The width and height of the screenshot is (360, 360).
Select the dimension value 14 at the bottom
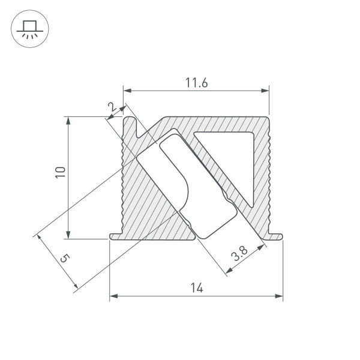point(196,288)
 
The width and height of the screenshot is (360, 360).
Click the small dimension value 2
point(111,107)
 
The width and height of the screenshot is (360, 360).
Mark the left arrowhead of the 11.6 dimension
point(127,91)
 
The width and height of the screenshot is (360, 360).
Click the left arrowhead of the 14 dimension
point(113,296)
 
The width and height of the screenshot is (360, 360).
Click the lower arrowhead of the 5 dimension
point(74,288)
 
